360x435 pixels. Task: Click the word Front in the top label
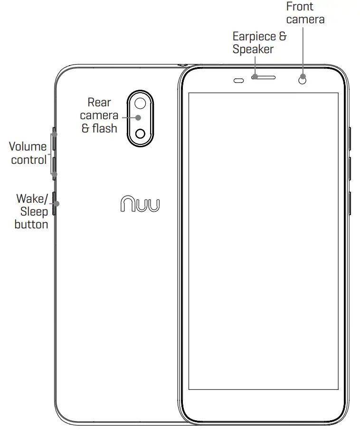[300, 7]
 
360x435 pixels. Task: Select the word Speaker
[253, 49]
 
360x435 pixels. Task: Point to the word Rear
[99, 103]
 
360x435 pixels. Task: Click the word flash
[104, 128]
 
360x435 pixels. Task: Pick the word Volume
[28, 147]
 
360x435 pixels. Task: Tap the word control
[28, 160]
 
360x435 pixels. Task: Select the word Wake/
[32, 198]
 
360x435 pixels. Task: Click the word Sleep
[34, 211]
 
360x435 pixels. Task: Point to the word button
[31, 224]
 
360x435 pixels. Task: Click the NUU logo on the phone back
[140, 204]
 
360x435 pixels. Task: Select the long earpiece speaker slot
[265, 77]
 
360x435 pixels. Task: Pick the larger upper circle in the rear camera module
[140, 103]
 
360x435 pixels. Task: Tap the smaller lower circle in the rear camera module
[140, 133]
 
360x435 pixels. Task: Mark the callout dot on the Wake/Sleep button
[56, 204]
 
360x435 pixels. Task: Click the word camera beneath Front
[305, 19]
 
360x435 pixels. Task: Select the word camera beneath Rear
[99, 115]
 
